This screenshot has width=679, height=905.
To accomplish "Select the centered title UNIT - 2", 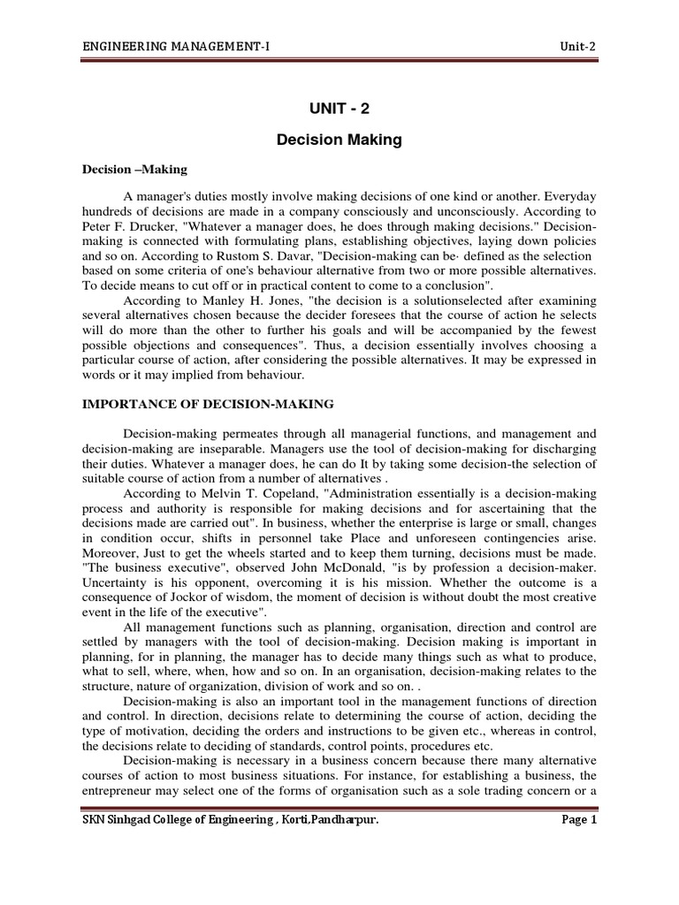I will tap(339, 109).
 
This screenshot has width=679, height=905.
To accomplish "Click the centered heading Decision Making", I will tap(339, 140).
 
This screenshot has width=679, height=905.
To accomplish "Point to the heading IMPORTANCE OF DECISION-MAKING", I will tap(208, 404).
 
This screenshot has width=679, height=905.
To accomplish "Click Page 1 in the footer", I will tap(580, 820).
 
